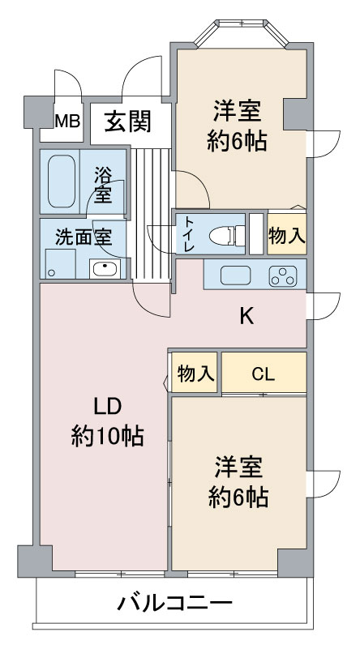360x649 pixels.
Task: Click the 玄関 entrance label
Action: pyautogui.click(x=127, y=122)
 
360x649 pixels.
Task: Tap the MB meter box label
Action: pyautogui.click(x=67, y=122)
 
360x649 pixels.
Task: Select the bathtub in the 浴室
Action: pyautogui.click(x=62, y=181)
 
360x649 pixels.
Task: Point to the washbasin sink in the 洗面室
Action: pyautogui.click(x=105, y=269)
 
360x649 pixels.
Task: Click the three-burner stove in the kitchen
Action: pyautogui.click(x=283, y=276)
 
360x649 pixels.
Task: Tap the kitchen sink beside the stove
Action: pyautogui.click(x=235, y=275)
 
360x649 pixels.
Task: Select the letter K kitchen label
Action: pyautogui.click(x=247, y=318)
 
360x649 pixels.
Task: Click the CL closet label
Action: pyautogui.click(x=263, y=374)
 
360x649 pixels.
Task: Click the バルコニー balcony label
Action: pyautogui.click(x=174, y=604)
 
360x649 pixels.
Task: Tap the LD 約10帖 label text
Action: pyautogui.click(x=107, y=422)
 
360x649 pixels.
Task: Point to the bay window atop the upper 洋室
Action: pyautogui.click(x=241, y=32)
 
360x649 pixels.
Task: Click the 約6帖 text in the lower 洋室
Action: pyautogui.click(x=238, y=497)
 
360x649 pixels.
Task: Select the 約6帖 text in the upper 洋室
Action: pyautogui.click(x=237, y=141)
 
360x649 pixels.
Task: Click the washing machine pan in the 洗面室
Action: pyautogui.click(x=61, y=263)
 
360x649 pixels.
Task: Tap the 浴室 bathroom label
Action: pyautogui.click(x=102, y=185)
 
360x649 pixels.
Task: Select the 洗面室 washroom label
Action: pyautogui.click(x=84, y=239)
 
